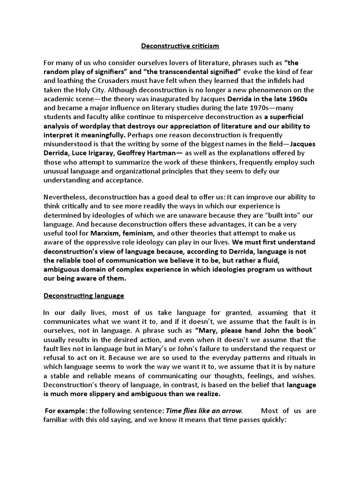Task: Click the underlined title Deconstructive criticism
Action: [180, 46]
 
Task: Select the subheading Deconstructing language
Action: [84, 296]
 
